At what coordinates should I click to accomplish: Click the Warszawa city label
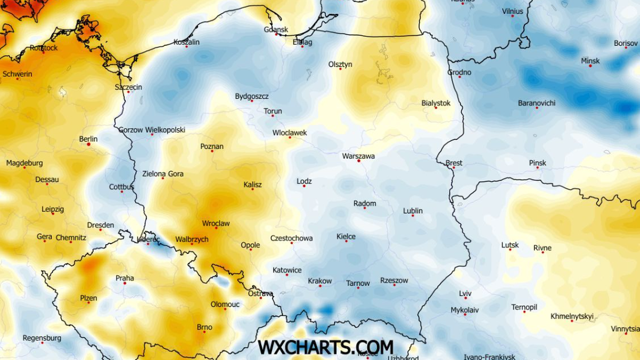(358, 156)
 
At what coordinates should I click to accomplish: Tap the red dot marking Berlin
(89, 144)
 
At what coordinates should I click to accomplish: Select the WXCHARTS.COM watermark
(326, 347)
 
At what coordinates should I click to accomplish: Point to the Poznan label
(212, 147)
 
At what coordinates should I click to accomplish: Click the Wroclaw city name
(216, 223)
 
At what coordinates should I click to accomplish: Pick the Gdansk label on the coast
(276, 29)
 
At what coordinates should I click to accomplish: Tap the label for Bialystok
(436, 103)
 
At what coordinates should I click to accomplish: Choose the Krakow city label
(320, 281)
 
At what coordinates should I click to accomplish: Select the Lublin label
(413, 211)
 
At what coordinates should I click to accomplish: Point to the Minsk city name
(590, 61)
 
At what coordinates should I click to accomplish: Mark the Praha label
(125, 278)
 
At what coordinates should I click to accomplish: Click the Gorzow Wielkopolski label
(151, 130)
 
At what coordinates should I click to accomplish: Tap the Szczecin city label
(129, 87)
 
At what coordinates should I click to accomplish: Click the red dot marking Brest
(453, 167)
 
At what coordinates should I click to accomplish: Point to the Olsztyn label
(340, 65)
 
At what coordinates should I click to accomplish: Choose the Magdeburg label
(25, 163)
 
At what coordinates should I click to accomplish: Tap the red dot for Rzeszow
(394, 285)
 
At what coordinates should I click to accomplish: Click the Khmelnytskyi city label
(572, 316)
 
